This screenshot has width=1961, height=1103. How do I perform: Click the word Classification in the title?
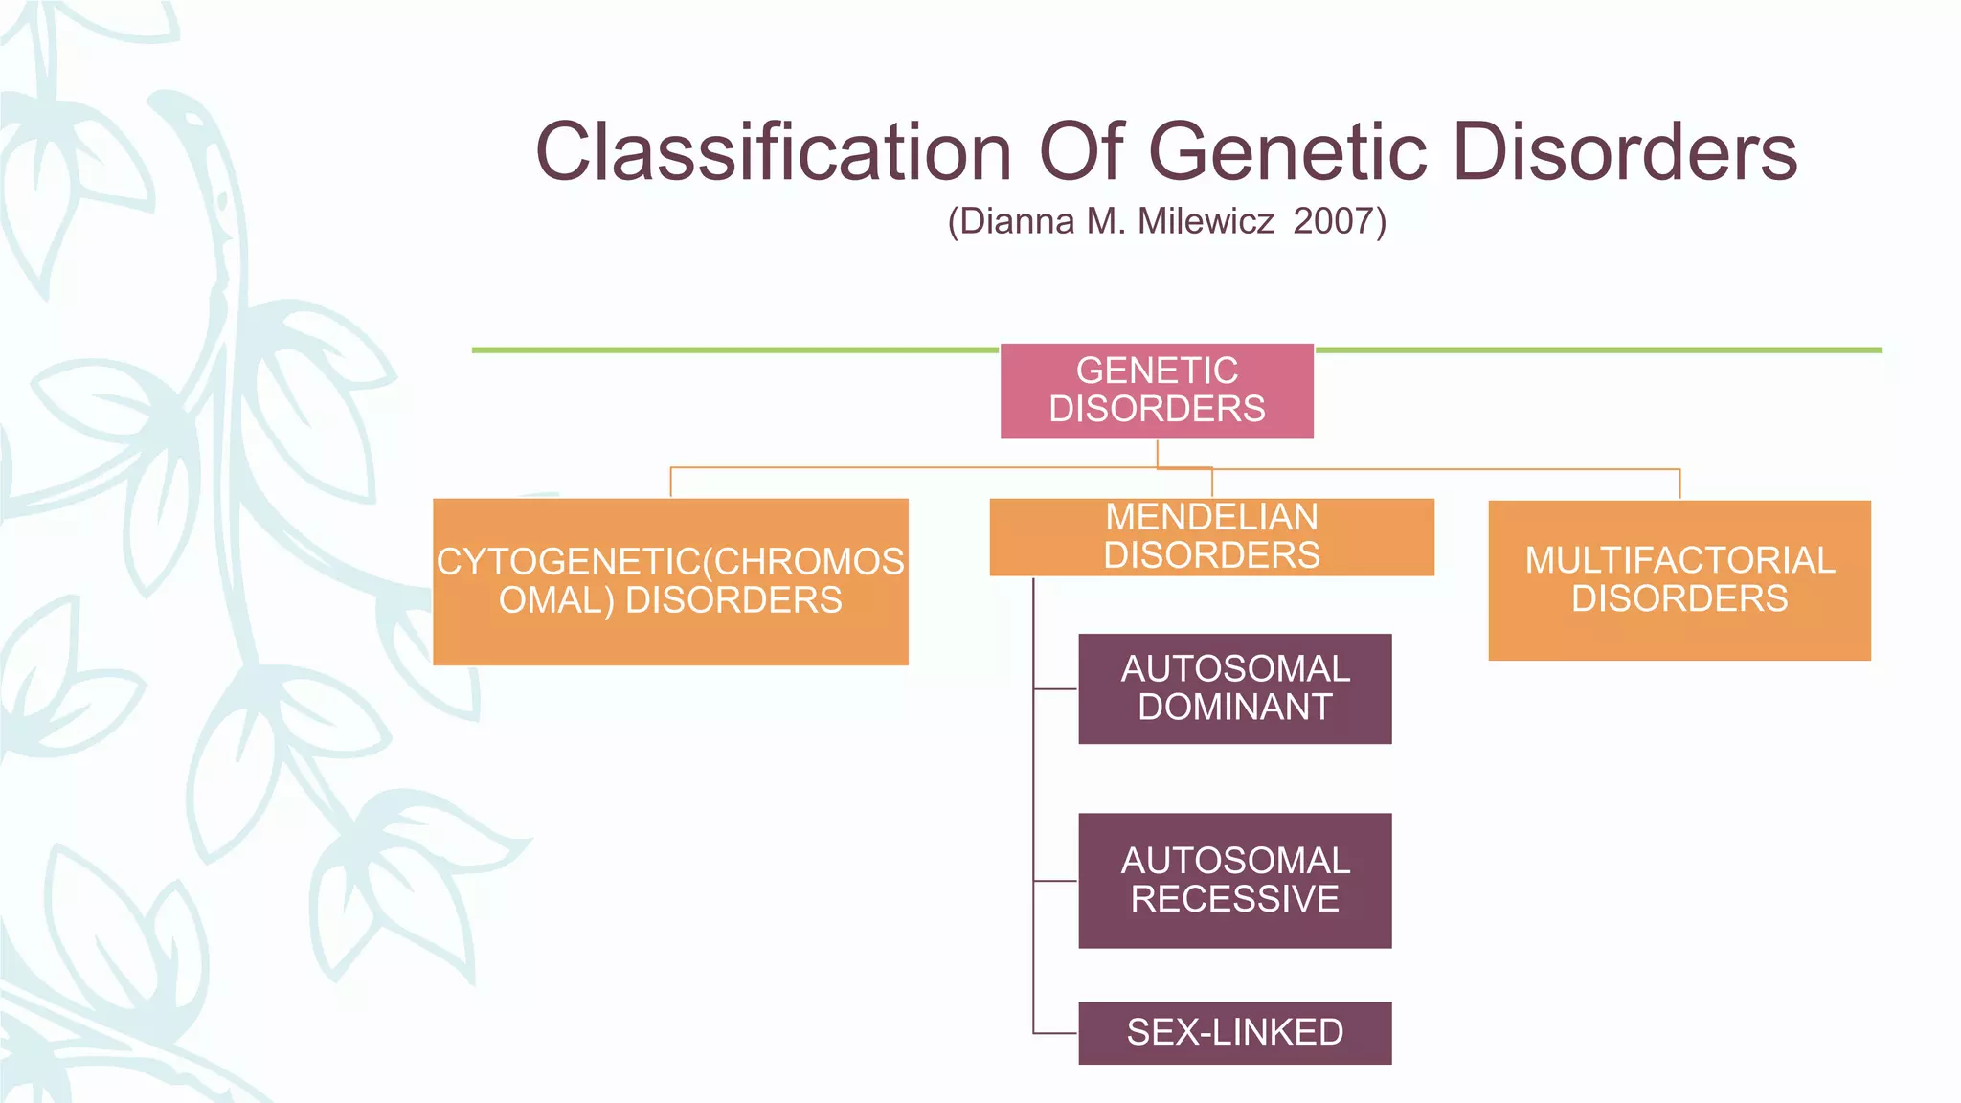click(x=773, y=151)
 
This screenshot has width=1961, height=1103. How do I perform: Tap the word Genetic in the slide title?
click(x=1287, y=151)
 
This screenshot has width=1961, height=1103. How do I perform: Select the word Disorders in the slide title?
click(x=1625, y=151)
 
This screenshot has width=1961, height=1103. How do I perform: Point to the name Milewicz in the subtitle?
click(x=1206, y=221)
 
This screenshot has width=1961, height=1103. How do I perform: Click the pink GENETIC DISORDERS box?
click(x=1157, y=391)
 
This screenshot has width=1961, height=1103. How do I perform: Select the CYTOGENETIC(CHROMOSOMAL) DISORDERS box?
click(x=670, y=581)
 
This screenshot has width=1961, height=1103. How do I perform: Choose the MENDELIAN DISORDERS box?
click(x=1211, y=536)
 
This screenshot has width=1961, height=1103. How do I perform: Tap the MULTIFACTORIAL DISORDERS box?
click(x=1679, y=580)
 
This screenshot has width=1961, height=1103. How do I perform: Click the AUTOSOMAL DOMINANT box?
click(x=1234, y=688)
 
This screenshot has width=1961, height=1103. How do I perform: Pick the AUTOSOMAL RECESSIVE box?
click(x=1234, y=880)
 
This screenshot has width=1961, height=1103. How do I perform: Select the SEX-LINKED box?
click(x=1234, y=1032)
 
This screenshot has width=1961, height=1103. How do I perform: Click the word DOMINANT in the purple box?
click(x=1234, y=708)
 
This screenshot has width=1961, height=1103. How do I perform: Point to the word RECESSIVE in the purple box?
click(x=1234, y=899)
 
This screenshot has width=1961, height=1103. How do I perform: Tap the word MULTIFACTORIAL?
click(x=1679, y=560)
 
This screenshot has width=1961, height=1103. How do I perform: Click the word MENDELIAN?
click(x=1211, y=517)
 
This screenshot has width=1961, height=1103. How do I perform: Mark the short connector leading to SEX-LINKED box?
click(x=1055, y=1033)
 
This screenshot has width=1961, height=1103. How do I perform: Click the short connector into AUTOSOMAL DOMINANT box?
click(x=1055, y=688)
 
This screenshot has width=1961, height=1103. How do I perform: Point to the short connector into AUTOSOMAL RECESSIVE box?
click(x=1055, y=880)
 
